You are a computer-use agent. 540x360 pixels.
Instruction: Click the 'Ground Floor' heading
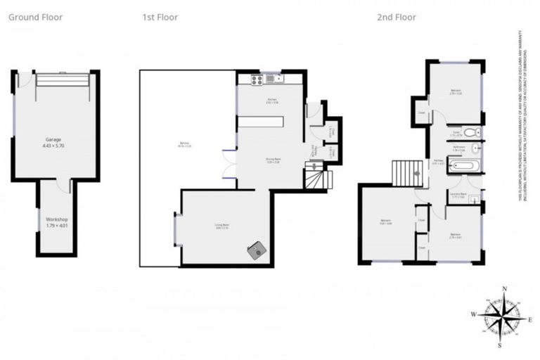pos(35,17)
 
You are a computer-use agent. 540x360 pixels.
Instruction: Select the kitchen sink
pos(271,79)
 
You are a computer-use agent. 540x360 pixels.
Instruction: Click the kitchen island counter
pos(261,122)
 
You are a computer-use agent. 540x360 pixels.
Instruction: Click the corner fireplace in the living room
pos(257,250)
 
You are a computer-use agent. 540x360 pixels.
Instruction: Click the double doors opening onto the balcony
pos(229,165)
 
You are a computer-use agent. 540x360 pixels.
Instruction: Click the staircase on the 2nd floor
pos(405,173)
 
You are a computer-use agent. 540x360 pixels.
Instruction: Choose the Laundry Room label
pos(459,198)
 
